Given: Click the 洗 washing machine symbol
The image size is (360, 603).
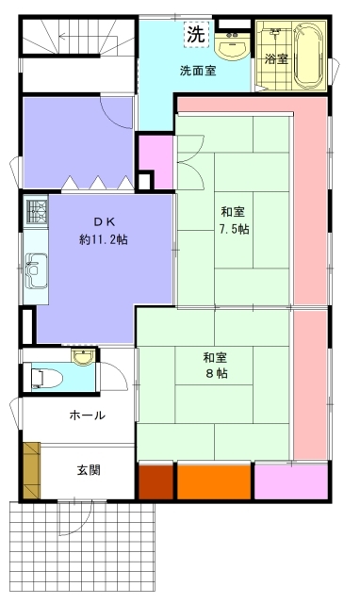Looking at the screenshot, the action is tap(196, 35).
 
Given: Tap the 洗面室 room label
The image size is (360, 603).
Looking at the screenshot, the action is tap(198, 71).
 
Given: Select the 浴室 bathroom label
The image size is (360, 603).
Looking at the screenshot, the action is tap(276, 59).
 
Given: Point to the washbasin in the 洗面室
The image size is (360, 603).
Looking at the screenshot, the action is tap(232, 46).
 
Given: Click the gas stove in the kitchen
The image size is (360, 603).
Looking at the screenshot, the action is tap(37, 211).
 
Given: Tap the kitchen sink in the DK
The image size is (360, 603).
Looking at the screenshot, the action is tap(36, 270).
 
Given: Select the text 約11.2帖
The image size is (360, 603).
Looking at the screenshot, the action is tap(104, 239).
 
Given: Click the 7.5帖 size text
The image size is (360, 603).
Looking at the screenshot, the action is tap(235, 230).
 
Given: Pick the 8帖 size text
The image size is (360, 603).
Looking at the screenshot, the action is tap(217, 373).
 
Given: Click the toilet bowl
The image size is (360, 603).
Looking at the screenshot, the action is tap(46, 379).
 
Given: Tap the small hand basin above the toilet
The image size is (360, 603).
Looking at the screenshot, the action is tap(83, 357).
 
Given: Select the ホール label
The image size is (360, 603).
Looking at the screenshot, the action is tap(88, 416).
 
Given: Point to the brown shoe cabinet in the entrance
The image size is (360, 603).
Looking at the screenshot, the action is tap(31, 470).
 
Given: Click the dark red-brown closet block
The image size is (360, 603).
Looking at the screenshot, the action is tap(155, 482).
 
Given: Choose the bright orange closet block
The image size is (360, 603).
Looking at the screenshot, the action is tap(214, 482).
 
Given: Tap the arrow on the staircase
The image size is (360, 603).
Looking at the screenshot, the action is tap(78, 37).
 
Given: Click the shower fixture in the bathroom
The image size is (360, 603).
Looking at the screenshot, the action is tap(274, 32).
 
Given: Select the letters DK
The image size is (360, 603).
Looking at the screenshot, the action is tap(104, 221).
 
